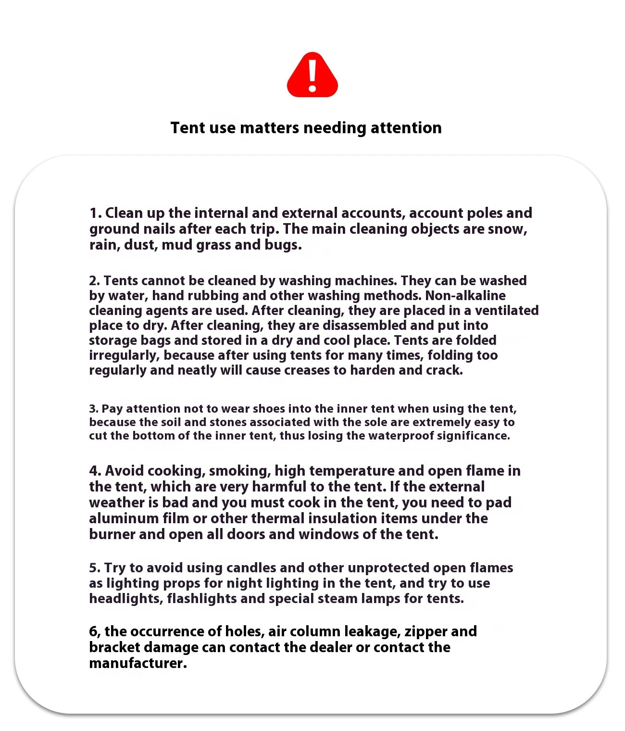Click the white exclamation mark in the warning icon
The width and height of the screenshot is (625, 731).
coord(312,75)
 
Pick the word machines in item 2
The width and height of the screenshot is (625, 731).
coord(365,281)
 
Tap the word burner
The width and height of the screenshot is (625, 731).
coord(112,534)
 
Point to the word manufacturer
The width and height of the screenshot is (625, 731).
coord(137,663)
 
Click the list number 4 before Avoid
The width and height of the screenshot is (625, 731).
coord(94,471)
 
